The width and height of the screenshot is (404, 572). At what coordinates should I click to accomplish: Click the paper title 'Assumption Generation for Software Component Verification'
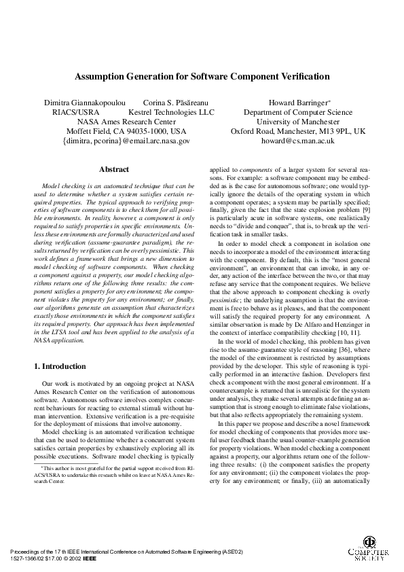[x=202, y=77]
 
